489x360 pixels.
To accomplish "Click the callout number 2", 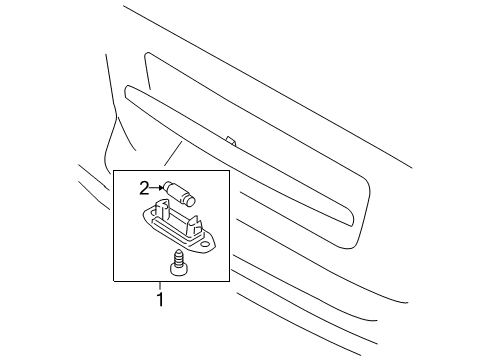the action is point(144,189).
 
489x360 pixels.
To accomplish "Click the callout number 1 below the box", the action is point(160,299).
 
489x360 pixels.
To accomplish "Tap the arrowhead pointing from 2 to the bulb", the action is point(161,188).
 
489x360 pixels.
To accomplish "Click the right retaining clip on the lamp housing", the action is point(194,225).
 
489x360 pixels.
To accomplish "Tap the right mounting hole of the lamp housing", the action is point(205,245).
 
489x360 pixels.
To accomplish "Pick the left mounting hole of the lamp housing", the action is point(153,211).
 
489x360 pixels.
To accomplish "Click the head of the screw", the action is point(176,269).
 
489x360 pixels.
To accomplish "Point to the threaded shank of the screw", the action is point(177,256).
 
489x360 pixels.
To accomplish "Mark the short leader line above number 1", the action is point(160,286).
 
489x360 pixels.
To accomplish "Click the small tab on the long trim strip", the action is point(231,141).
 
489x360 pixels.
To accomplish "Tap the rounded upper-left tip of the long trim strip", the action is point(126,91).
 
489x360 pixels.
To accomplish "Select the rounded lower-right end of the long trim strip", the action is point(351,221).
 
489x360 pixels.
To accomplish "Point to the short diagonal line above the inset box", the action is point(173,153).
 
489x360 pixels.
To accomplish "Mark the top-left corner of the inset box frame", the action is point(114,171).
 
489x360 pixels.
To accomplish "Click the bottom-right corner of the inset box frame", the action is point(229,281).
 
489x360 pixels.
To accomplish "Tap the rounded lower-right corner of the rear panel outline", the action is point(360,241).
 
